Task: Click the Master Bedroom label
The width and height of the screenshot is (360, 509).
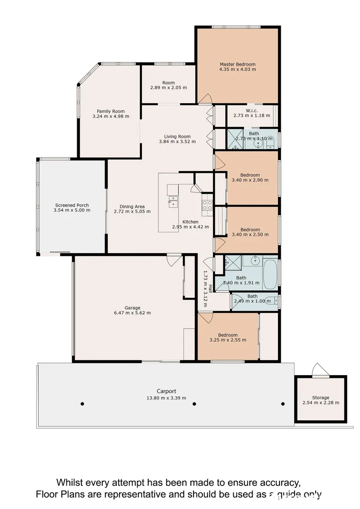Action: pyautogui.click(x=237, y=64)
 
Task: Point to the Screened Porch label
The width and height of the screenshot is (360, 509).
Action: pyautogui.click(x=72, y=205)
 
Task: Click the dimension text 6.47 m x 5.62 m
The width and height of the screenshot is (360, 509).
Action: pyautogui.click(x=132, y=312)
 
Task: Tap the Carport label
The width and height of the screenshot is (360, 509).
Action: pyautogui.click(x=166, y=391)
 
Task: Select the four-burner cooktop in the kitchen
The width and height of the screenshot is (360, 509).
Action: pyautogui.click(x=207, y=205)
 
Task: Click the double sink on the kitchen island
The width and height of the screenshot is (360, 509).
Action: pyautogui.click(x=173, y=201)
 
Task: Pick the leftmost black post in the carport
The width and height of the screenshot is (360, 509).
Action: pyautogui.click(x=82, y=403)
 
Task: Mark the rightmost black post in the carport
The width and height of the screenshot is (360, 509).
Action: pyautogui.click(x=283, y=403)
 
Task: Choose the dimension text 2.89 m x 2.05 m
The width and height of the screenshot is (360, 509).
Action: pyautogui.click(x=168, y=88)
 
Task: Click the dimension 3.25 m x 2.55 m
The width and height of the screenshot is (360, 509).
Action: pyautogui.click(x=228, y=340)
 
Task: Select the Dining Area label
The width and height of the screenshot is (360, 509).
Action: pyautogui.click(x=132, y=206)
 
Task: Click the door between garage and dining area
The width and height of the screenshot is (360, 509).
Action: pyautogui.click(x=174, y=258)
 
